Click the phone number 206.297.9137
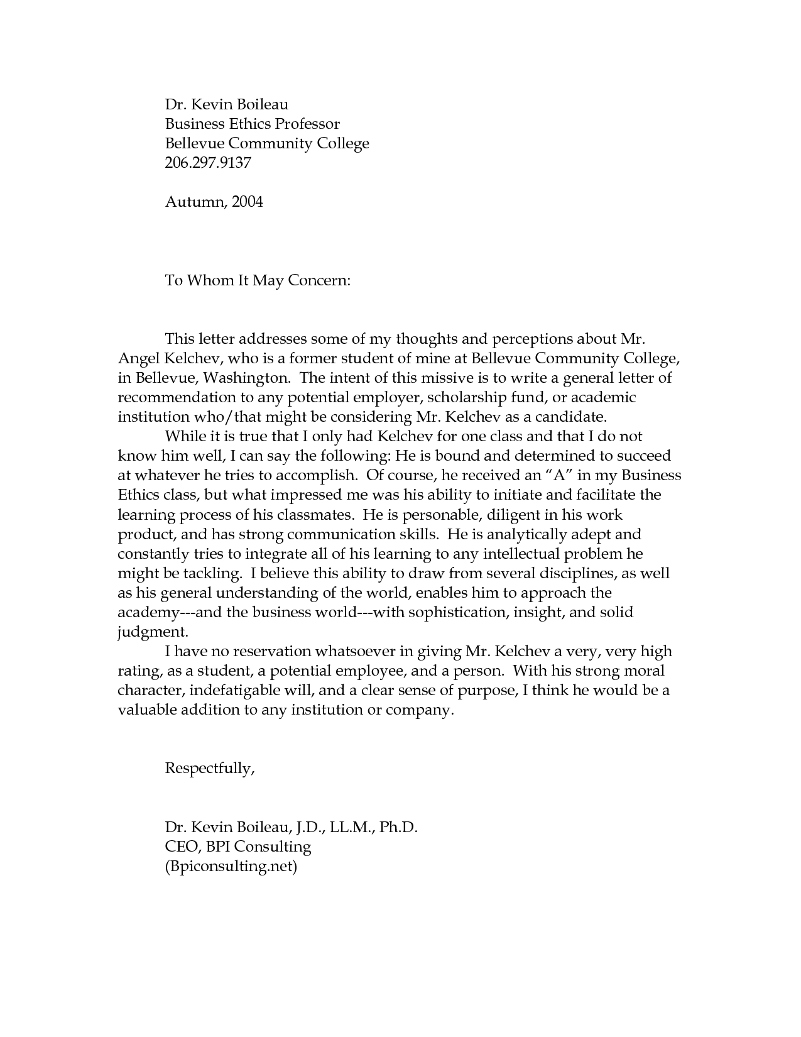(x=208, y=163)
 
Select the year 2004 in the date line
(x=247, y=202)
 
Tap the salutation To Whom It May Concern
(x=257, y=280)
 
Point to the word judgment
(x=153, y=632)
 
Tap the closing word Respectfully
(x=210, y=768)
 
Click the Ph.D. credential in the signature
(x=400, y=827)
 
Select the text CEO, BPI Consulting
(x=238, y=847)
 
